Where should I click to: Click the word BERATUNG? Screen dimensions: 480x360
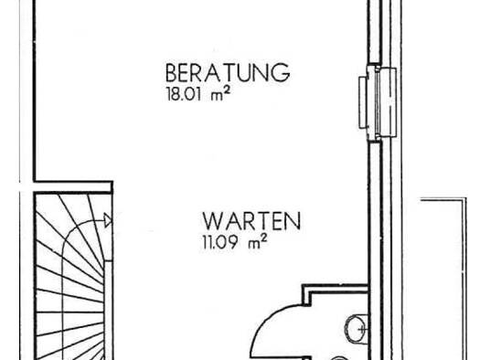pyautogui.click(x=228, y=72)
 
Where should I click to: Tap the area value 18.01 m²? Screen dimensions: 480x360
pyautogui.click(x=198, y=93)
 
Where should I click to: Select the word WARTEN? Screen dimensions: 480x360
pyautogui.click(x=251, y=221)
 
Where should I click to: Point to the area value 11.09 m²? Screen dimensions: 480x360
pyautogui.click(x=235, y=241)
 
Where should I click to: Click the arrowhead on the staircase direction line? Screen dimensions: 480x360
pyautogui.click(x=108, y=220)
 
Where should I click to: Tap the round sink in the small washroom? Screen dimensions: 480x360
pyautogui.click(x=357, y=329)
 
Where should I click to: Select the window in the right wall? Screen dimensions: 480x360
pyautogui.click(x=378, y=102)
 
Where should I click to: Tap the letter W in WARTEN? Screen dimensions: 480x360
pyautogui.click(x=212, y=221)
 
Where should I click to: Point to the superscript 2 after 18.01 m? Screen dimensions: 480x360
pyautogui.click(x=227, y=90)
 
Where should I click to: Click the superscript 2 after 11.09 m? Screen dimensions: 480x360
pyautogui.click(x=264, y=238)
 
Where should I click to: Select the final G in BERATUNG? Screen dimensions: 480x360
pyautogui.click(x=282, y=73)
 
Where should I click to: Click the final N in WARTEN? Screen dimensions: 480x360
pyautogui.click(x=294, y=221)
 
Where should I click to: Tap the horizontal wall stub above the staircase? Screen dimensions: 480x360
pyautogui.click(x=73, y=187)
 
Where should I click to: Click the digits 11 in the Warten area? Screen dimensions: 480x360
pyautogui.click(x=206, y=242)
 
